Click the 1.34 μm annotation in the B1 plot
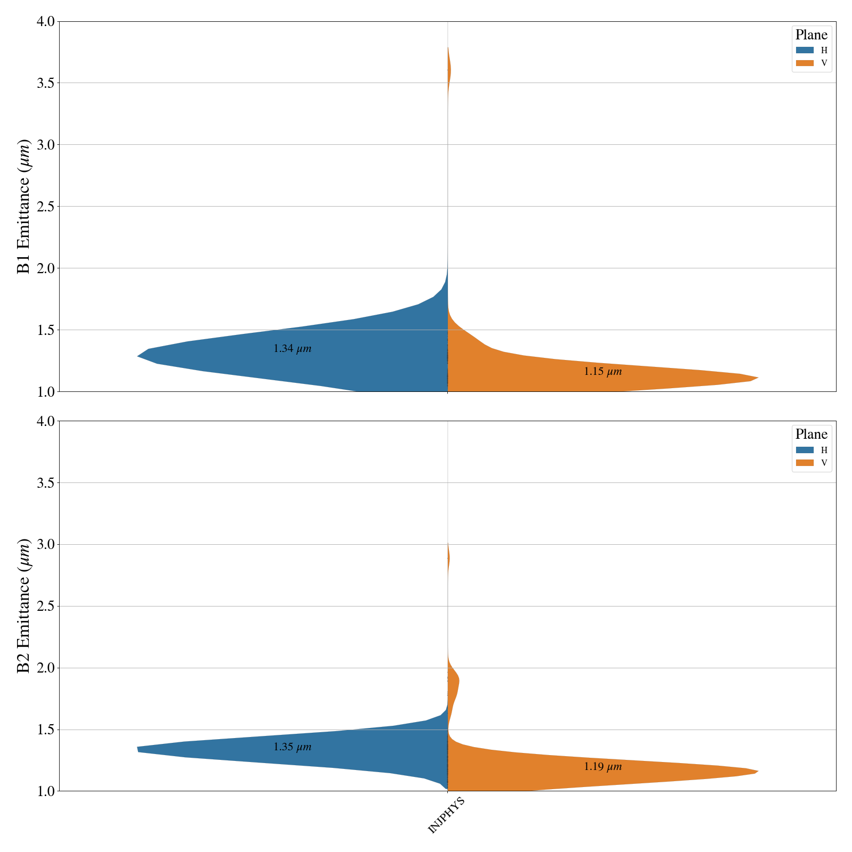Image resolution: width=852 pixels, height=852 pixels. (292, 349)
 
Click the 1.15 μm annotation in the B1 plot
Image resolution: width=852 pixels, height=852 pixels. (603, 372)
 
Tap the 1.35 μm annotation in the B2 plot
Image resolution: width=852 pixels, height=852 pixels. (292, 747)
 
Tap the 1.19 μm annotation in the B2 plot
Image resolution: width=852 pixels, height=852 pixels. (603, 767)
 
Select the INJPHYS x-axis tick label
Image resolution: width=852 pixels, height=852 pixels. (447, 815)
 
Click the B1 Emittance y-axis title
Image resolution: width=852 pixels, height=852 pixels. (24, 207)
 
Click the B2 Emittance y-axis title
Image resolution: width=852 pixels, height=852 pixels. (24, 606)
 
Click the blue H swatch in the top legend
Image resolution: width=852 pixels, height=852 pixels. (805, 50)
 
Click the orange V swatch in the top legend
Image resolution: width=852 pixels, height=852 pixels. (805, 63)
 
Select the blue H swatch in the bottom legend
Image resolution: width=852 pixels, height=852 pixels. (805, 450)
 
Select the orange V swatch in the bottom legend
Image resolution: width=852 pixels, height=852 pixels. (805, 463)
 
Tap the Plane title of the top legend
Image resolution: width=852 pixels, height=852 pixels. (812, 35)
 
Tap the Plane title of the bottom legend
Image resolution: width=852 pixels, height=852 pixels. (812, 435)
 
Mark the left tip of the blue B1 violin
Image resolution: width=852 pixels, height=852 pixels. (138, 356)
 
